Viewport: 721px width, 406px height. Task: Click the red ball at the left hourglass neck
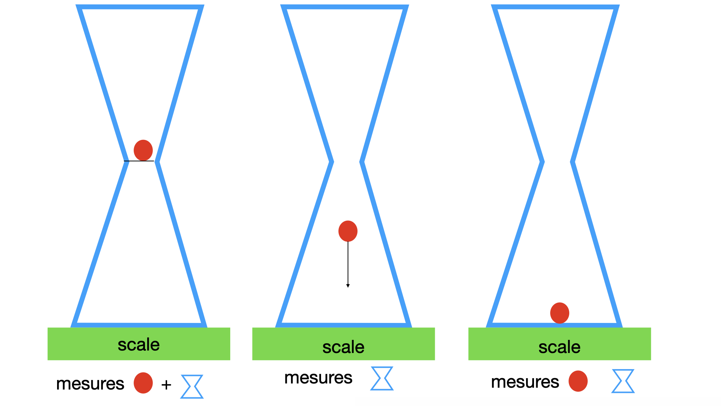tap(143, 150)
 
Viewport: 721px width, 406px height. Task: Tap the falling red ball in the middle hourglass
tap(348, 231)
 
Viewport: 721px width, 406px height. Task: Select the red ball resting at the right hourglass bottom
tap(560, 313)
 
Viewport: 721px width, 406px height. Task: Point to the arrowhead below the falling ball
tap(348, 286)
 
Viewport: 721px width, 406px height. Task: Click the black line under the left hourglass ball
tap(139, 161)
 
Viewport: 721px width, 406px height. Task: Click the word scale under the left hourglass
tap(139, 345)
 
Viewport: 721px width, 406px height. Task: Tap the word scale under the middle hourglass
tap(343, 347)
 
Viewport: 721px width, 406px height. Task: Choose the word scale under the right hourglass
tap(559, 347)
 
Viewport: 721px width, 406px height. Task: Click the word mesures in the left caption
tap(90, 384)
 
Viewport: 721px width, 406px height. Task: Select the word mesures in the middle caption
tap(318, 378)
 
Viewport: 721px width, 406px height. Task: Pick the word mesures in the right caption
tap(525, 382)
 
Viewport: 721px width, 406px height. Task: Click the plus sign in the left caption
tap(166, 385)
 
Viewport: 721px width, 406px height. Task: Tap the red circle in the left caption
tap(143, 383)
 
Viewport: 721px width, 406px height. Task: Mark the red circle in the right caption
tap(578, 381)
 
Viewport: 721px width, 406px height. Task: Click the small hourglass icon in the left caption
tap(192, 386)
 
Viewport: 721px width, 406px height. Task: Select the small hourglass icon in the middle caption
tap(382, 378)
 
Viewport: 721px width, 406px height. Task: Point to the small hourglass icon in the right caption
tap(623, 381)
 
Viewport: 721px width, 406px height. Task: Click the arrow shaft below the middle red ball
tap(348, 263)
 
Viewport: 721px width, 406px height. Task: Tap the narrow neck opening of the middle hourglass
tap(347, 162)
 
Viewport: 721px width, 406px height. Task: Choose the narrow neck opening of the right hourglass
tap(558, 162)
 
